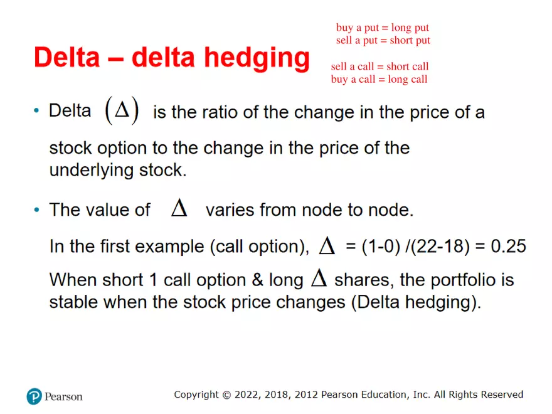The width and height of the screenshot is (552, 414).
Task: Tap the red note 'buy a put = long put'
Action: [x=382, y=28]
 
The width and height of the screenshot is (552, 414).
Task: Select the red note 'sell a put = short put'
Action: [x=383, y=41]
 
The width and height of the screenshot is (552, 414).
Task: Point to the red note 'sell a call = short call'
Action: [x=379, y=66]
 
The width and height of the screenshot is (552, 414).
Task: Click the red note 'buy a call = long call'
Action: [x=379, y=79]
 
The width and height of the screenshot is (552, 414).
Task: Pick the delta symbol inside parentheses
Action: [x=122, y=112]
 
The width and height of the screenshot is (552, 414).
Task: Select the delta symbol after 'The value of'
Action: [x=179, y=209]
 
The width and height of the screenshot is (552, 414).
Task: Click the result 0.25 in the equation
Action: [x=508, y=246]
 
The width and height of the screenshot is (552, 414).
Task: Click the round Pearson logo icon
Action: [x=34, y=396]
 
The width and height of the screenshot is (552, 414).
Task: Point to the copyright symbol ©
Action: [x=226, y=395]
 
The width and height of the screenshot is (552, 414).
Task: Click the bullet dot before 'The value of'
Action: [x=36, y=210]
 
